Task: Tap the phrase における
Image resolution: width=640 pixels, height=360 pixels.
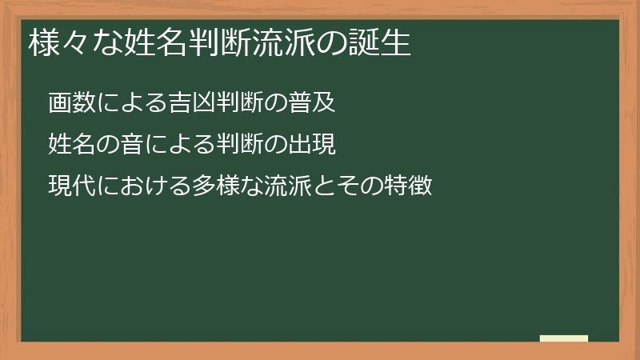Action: pyautogui.click(x=137, y=186)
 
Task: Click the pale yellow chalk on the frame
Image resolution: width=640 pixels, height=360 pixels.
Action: pyautogui.click(x=563, y=338)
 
